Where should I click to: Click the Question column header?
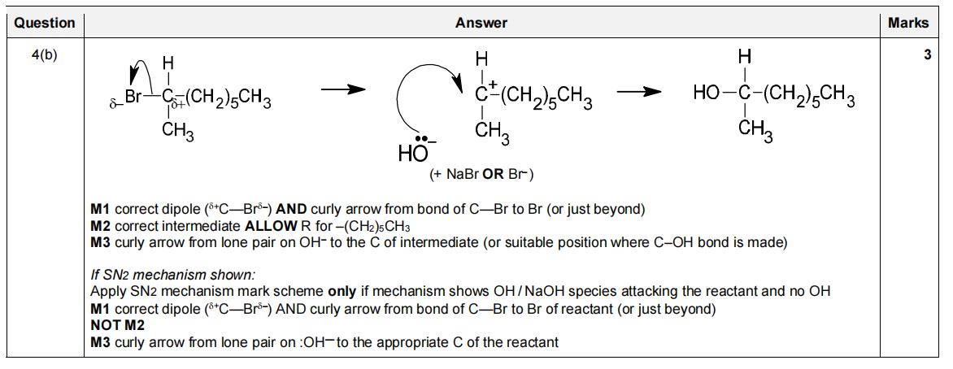point(44,23)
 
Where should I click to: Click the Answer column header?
point(481,23)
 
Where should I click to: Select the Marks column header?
point(907,23)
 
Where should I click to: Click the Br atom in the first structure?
point(132,97)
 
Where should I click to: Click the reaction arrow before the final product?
point(638,92)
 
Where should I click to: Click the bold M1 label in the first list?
point(101,209)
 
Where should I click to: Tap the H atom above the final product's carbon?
point(743,59)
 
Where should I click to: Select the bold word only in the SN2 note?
point(342,291)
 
